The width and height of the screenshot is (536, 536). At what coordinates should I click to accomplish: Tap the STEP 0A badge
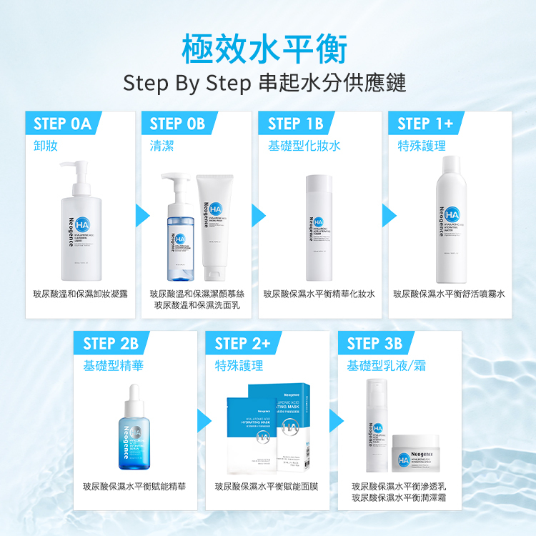(x=63, y=124)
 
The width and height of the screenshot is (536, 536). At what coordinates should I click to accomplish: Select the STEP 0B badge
(x=178, y=124)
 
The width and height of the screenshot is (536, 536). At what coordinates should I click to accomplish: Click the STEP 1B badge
(x=295, y=124)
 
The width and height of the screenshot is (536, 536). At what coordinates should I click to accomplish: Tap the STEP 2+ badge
(x=242, y=344)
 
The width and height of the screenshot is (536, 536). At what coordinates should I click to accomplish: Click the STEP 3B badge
(x=374, y=344)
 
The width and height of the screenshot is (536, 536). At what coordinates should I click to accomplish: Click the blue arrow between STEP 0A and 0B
(x=142, y=214)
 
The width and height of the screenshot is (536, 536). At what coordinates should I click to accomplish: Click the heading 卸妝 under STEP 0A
(x=46, y=146)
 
